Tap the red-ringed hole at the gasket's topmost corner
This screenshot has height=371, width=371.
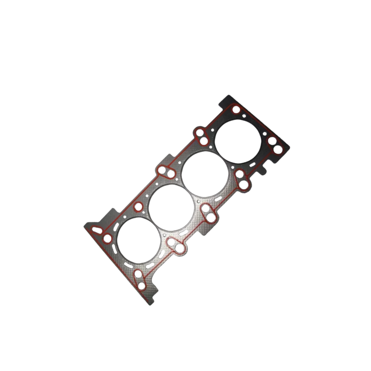coord(236,110)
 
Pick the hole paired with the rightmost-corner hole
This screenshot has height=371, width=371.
coord(271,141)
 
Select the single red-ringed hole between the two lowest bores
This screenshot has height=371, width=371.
coord(138,206)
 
